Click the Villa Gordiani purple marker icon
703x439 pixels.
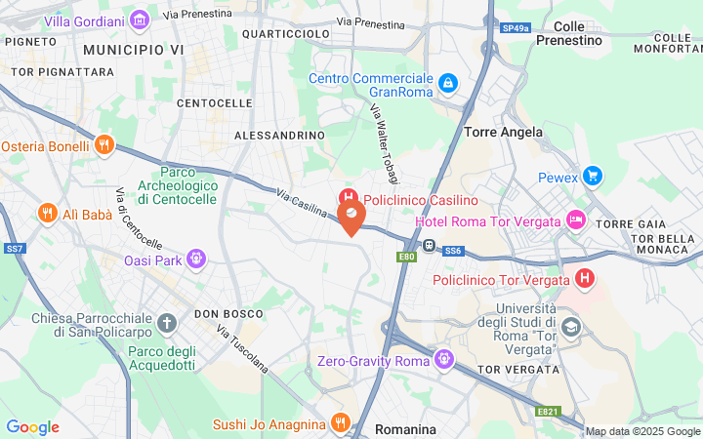[139, 20]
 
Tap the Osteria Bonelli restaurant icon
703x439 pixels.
[104, 145]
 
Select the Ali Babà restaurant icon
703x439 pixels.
[46, 214]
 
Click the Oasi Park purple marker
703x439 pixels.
[197, 259]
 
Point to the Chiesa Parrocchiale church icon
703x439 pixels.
[167, 323]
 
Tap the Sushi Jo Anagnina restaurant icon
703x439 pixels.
[340, 423]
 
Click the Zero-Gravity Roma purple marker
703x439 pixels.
[445, 360]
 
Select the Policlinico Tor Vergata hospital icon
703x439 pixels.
[585, 280]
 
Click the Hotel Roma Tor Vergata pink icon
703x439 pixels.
[576, 220]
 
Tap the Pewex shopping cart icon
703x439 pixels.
[592, 177]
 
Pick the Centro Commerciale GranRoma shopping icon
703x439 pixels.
[447, 84]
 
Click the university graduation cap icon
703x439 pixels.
[570, 327]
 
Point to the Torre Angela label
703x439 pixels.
[503, 131]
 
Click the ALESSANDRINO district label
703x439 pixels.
[279, 135]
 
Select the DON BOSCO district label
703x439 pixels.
[228, 313]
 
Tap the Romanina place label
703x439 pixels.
[406, 428]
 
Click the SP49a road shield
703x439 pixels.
[516, 28]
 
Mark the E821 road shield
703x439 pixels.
[548, 412]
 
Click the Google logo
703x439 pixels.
[32, 427]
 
